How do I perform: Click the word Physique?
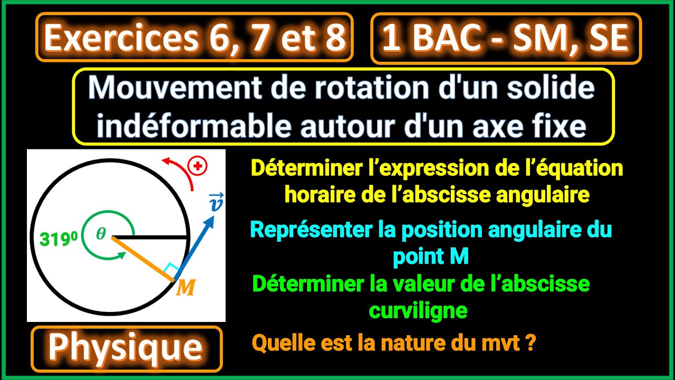coord(126,348)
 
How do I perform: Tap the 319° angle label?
coord(57,239)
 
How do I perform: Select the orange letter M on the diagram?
coord(185,288)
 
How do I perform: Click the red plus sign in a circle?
coord(198,166)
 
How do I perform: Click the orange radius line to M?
coord(142,259)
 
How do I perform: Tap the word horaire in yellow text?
coord(320,195)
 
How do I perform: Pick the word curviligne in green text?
coord(418,310)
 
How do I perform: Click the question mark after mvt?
coord(532,344)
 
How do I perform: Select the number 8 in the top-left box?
coord(335,38)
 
